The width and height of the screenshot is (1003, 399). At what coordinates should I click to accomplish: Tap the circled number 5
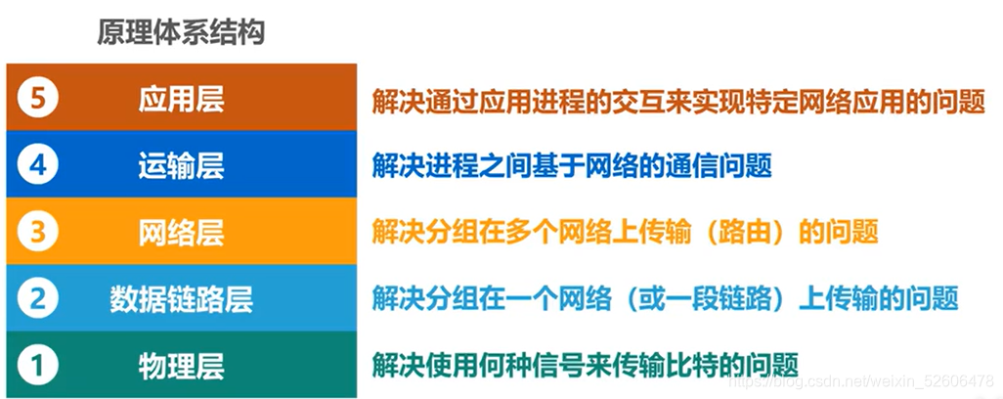pos(39,99)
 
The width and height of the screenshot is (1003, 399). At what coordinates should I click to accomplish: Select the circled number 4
pos(39,165)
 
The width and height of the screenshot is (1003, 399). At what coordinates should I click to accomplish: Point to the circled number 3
pos(39,232)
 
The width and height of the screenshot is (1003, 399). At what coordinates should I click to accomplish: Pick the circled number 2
pos(39,298)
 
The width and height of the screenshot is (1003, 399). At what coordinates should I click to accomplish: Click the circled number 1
pos(39,365)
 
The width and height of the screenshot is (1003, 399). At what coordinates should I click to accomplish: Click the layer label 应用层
pos(181,99)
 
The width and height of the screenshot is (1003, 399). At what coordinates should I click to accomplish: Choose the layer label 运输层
pos(181,165)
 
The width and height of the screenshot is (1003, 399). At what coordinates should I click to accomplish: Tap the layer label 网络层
pos(181,232)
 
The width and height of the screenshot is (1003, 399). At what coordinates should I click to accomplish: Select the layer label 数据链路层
pos(181,298)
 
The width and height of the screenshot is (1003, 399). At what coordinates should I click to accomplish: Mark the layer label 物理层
pos(181,365)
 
